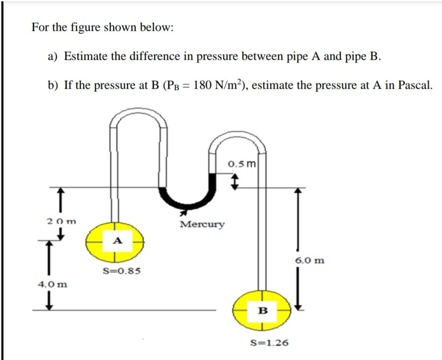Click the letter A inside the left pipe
coord(118,240)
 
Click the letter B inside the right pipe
coord(263,311)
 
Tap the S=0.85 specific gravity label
coord(122,271)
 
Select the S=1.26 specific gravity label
coord(269,343)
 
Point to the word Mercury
coord(202,224)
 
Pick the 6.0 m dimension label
coord(310,261)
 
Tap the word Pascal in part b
coord(413,86)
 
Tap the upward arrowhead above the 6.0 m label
coord(298,191)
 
